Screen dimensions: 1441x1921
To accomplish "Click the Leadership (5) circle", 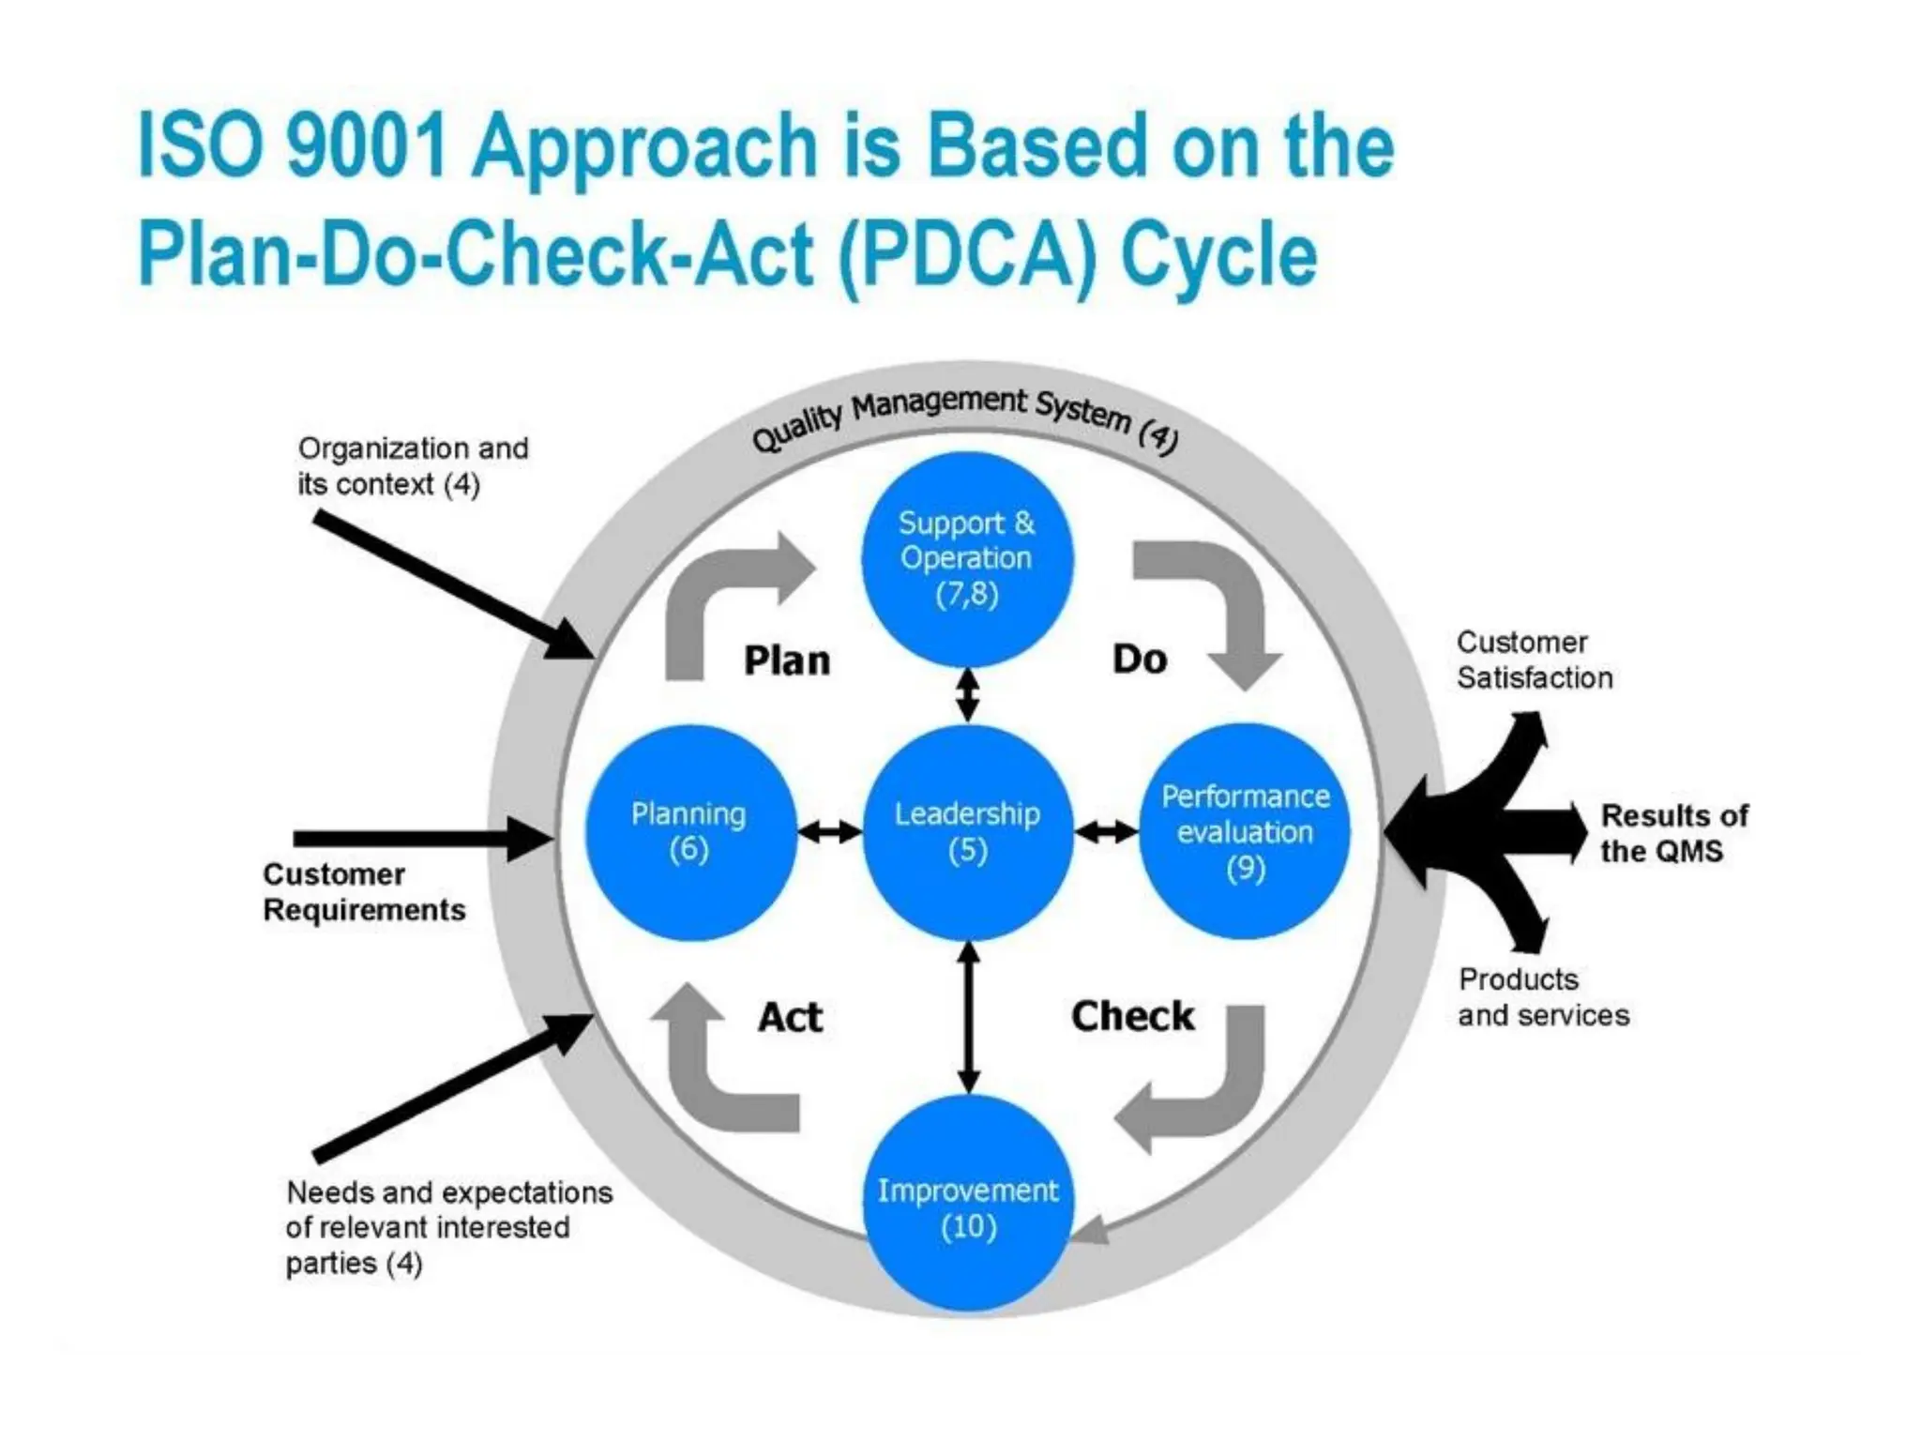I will (967, 832).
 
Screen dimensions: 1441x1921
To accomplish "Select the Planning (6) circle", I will (690, 832).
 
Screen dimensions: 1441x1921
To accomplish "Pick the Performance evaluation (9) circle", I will (1245, 832).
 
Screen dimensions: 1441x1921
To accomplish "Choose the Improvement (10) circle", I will (967, 1206).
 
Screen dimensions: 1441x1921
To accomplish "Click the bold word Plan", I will (787, 660).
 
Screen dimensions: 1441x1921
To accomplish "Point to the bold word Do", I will (1140, 659).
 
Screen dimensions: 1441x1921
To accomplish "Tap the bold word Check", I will (1132, 1016).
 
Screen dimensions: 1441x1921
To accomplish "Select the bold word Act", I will (790, 1017).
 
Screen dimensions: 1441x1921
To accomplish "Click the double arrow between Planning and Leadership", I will (829, 831).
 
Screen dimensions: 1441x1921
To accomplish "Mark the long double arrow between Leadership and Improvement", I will (969, 1018).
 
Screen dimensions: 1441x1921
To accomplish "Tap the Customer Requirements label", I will (364, 892).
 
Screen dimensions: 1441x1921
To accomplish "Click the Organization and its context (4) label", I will (413, 466).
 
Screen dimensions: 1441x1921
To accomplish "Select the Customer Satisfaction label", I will (1534, 660).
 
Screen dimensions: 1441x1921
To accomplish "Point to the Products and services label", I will (1543, 997).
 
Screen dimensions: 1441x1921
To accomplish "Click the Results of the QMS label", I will (1673, 833).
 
